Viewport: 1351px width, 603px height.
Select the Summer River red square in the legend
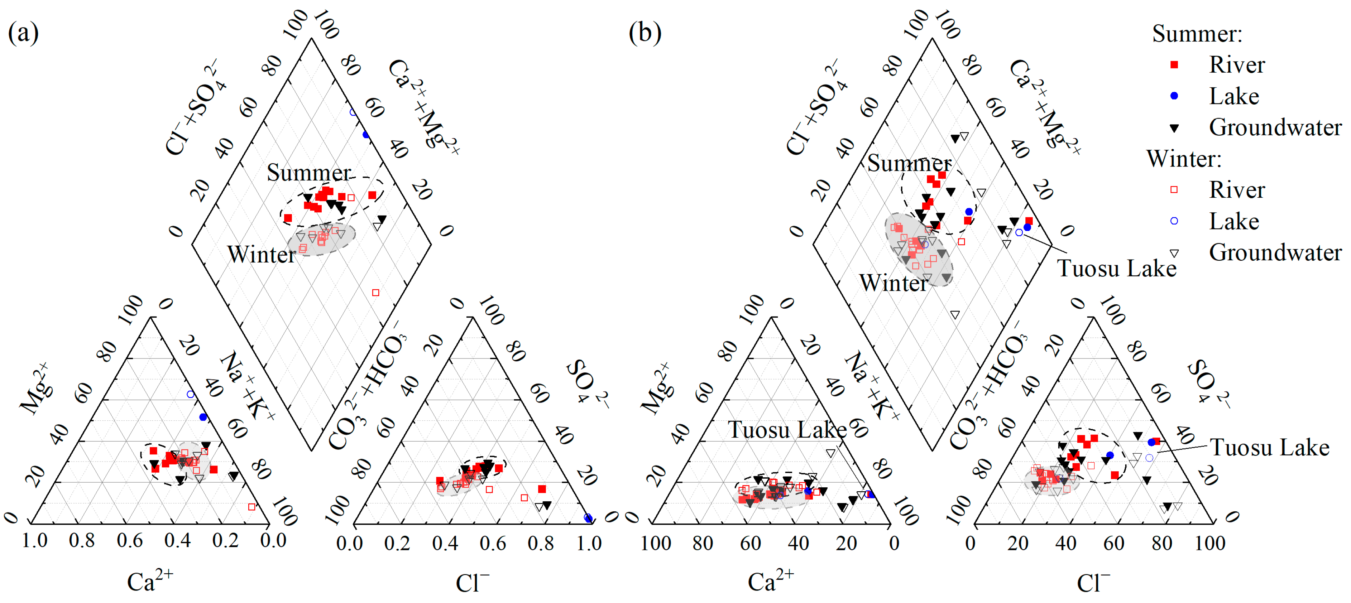[x=1174, y=64]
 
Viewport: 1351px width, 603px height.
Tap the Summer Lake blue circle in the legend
[x=1174, y=96]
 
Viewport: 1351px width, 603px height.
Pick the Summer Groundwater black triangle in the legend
[x=1174, y=127]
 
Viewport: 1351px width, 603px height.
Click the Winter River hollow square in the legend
[x=1174, y=190]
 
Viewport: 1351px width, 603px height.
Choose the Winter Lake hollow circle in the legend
[x=1174, y=221]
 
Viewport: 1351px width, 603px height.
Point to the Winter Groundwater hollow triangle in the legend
[x=1174, y=253]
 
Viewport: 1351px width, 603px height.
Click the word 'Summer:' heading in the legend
[x=1197, y=34]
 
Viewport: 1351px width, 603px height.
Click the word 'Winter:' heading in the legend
[x=1184, y=158]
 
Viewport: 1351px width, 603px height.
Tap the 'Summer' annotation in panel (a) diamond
[x=308, y=173]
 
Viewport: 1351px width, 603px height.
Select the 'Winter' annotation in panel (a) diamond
[x=261, y=255]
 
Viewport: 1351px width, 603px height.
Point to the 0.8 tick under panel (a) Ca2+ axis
[x=82, y=540]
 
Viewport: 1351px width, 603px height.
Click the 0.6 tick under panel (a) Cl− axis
[x=493, y=543]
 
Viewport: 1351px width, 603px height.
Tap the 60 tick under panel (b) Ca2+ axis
[x=751, y=543]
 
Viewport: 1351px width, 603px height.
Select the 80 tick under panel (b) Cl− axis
[x=1162, y=543]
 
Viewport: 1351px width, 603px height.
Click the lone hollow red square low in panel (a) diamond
[x=375, y=293]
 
